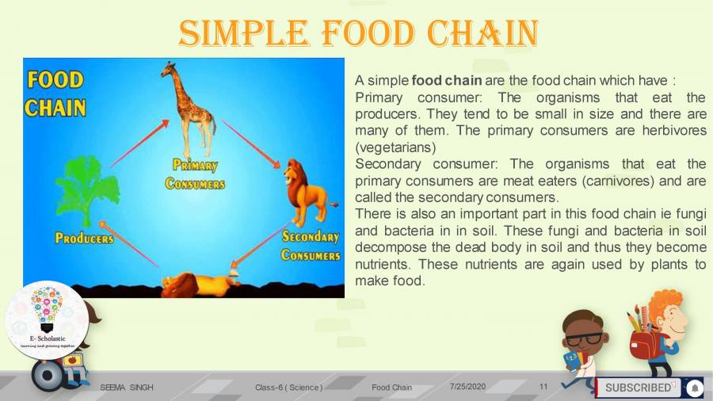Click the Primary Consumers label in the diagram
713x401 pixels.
(x=195, y=174)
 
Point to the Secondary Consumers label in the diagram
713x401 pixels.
(x=311, y=245)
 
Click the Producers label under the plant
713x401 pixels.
(x=84, y=238)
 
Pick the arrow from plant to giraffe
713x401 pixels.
(x=139, y=143)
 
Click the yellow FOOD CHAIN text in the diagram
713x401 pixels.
(x=54, y=94)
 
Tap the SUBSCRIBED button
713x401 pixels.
(x=638, y=388)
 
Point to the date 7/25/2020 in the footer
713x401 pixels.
(x=467, y=386)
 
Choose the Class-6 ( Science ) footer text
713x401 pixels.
(x=288, y=387)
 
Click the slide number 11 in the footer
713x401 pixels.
(x=543, y=386)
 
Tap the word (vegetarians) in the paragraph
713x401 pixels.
(x=396, y=147)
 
